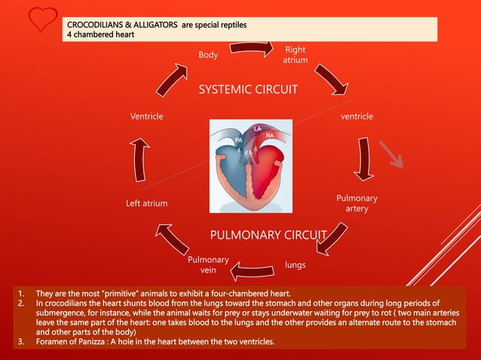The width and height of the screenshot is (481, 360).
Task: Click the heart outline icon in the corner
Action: [x=37, y=20]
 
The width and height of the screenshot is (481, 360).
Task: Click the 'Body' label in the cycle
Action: [x=208, y=55]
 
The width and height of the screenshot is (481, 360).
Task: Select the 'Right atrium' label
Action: [x=295, y=55]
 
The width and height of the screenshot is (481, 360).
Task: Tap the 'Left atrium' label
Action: [x=146, y=203]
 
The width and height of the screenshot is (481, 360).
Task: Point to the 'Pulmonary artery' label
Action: [x=357, y=203]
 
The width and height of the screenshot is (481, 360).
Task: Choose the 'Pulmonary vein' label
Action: [x=207, y=264]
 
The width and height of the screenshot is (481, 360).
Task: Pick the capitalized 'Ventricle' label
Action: [x=146, y=117]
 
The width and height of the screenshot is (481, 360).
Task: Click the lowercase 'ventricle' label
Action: [x=357, y=117]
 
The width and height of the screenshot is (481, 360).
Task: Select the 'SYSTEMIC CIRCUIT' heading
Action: [x=248, y=90]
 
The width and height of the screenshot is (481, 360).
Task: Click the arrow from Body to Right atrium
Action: [x=251, y=47]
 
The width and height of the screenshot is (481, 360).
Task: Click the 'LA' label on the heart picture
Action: [x=257, y=129]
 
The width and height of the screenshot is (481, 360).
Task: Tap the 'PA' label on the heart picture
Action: [x=238, y=140]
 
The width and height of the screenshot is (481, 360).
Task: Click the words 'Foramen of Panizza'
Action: [x=75, y=343]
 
